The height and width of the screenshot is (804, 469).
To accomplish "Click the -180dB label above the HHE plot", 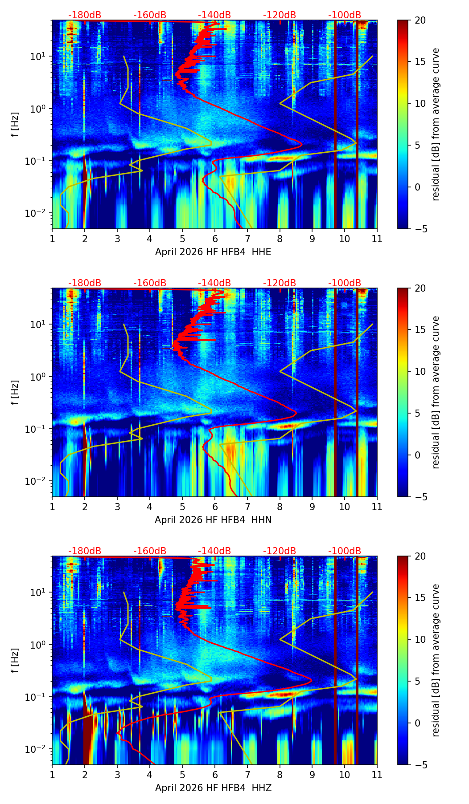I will pos(85,15).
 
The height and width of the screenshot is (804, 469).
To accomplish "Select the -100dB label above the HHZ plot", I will pos(345,551).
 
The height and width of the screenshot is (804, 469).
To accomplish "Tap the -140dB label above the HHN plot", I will pos(214,283).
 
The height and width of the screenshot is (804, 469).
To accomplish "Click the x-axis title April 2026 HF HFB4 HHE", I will pos(213,252).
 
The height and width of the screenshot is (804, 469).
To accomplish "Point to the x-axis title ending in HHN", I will pos(213,520).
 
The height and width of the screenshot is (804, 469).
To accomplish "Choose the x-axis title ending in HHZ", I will pos(213,788).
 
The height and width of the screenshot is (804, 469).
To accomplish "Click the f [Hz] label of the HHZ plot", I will pos(15,660).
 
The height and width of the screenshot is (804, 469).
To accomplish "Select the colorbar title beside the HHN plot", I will pos(436,392).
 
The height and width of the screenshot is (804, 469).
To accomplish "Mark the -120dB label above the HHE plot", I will pos(280,15).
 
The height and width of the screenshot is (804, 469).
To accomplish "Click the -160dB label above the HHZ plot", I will pos(149,551).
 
